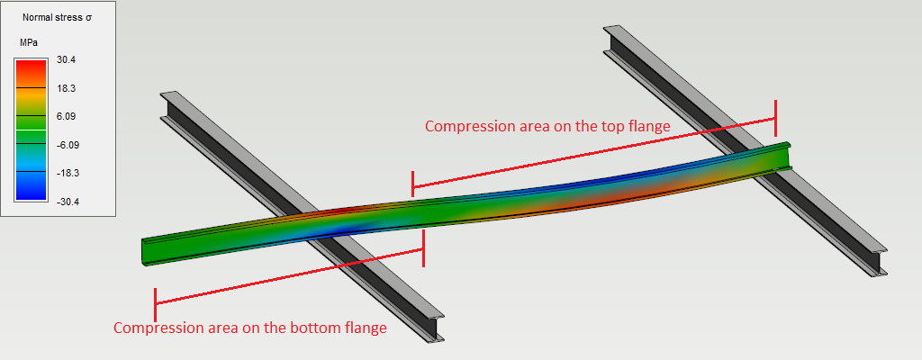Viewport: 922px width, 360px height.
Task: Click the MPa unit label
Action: click(x=28, y=42)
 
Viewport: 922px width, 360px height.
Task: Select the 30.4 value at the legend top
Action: click(x=66, y=59)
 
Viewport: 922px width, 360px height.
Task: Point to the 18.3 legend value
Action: click(x=66, y=88)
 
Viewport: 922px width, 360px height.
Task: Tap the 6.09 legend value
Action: click(x=66, y=116)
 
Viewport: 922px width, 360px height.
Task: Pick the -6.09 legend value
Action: click(x=66, y=144)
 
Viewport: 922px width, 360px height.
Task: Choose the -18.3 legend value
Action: click(x=66, y=173)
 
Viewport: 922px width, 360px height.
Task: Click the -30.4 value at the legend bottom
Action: click(x=66, y=201)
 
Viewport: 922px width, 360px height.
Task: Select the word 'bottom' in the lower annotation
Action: click(x=286, y=328)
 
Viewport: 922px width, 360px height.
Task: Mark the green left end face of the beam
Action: click(x=144, y=252)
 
